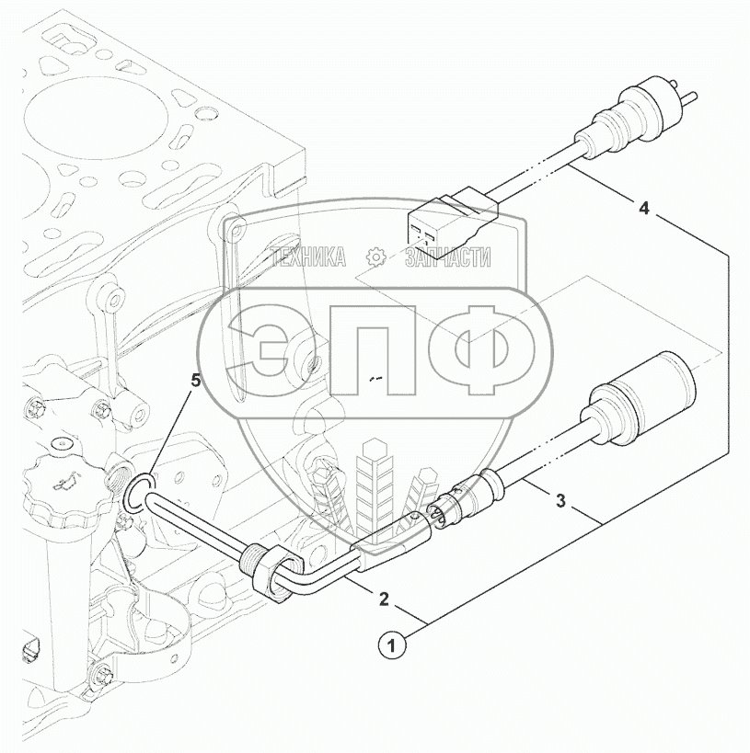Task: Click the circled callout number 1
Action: tap(392, 645)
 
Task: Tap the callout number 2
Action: tap(384, 599)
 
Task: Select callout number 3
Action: tap(560, 501)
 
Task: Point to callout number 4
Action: tap(644, 208)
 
